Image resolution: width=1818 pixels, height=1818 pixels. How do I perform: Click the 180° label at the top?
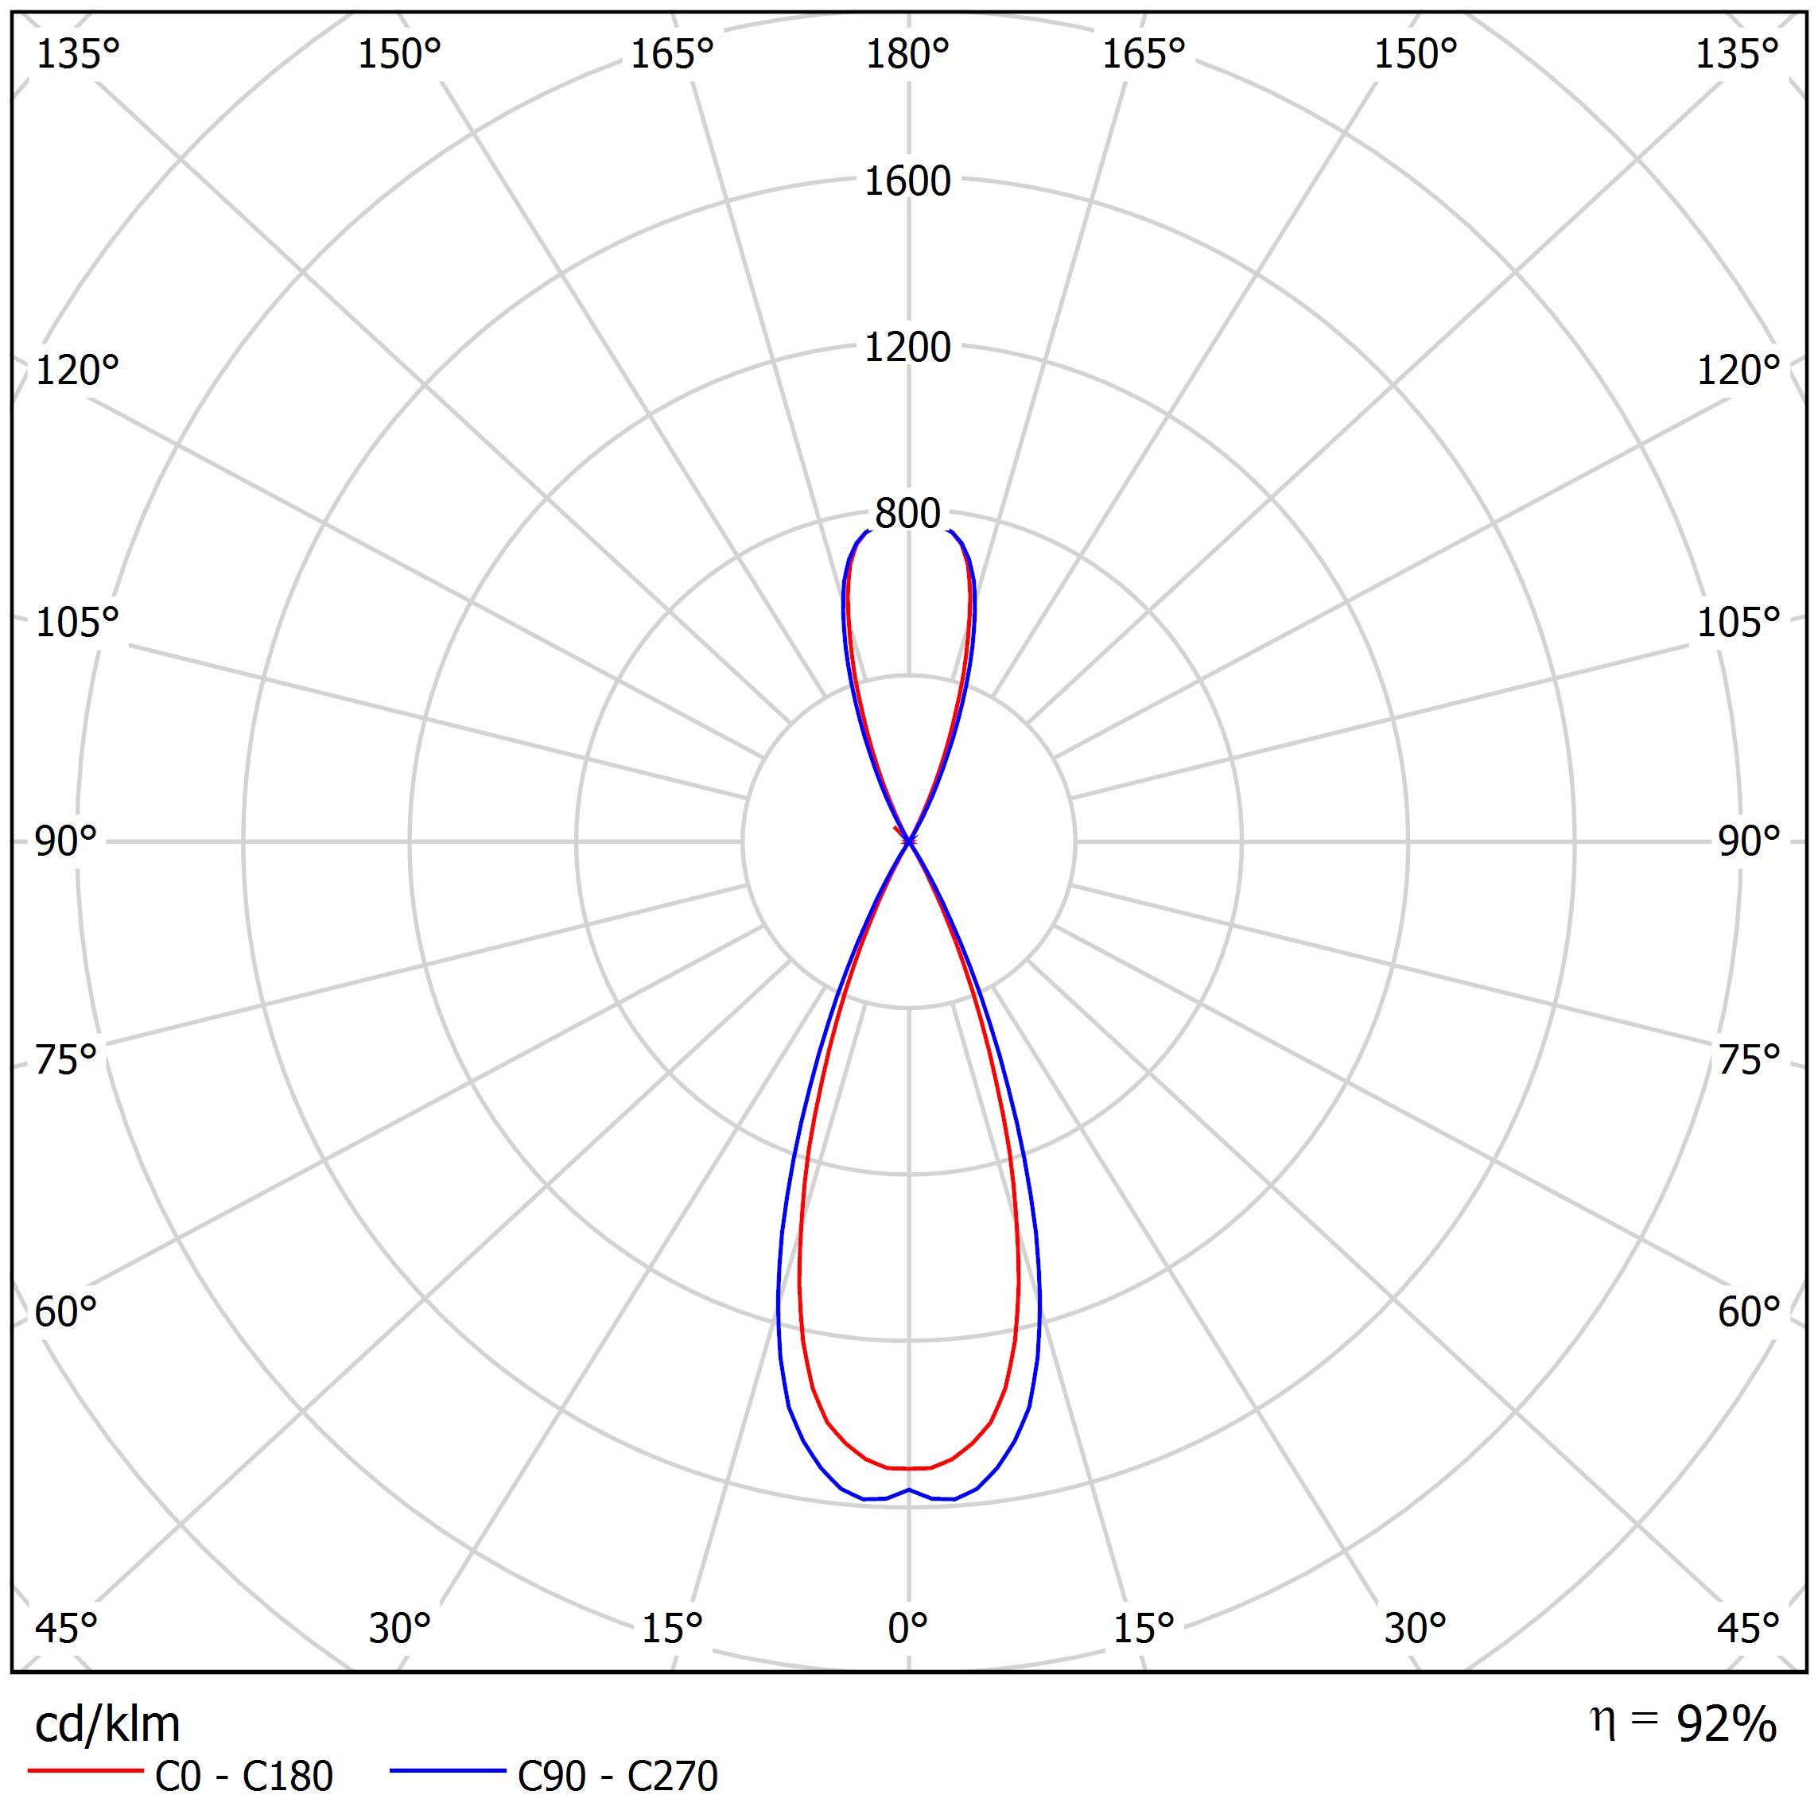tap(907, 56)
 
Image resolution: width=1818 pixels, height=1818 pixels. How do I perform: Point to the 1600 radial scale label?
tap(907, 181)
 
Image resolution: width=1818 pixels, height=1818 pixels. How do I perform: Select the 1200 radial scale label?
tap(907, 348)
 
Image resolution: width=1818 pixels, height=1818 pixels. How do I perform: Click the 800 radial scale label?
tap(907, 514)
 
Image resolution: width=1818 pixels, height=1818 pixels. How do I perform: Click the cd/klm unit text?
tap(107, 1725)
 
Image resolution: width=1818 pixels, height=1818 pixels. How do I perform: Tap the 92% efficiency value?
tap(1726, 1725)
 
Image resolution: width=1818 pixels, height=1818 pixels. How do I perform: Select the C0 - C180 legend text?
tap(243, 1777)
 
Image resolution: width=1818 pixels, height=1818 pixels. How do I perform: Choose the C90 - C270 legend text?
tap(617, 1777)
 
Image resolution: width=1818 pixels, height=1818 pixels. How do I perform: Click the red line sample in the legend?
tap(84, 1771)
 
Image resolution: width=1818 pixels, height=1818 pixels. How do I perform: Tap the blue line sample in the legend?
tap(448, 1771)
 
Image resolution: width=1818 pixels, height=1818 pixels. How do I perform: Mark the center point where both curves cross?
tap(908, 841)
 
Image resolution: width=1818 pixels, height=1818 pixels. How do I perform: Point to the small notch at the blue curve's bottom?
tap(908, 1490)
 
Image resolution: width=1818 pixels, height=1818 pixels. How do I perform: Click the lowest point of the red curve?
tap(908, 1468)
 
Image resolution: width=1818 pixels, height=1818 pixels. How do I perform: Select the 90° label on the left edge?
tap(66, 841)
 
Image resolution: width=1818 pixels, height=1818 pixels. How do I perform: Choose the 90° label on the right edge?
tap(1748, 841)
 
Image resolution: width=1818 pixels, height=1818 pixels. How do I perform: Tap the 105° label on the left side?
tap(77, 622)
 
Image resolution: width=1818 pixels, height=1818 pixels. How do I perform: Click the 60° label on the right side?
tap(1748, 1311)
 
